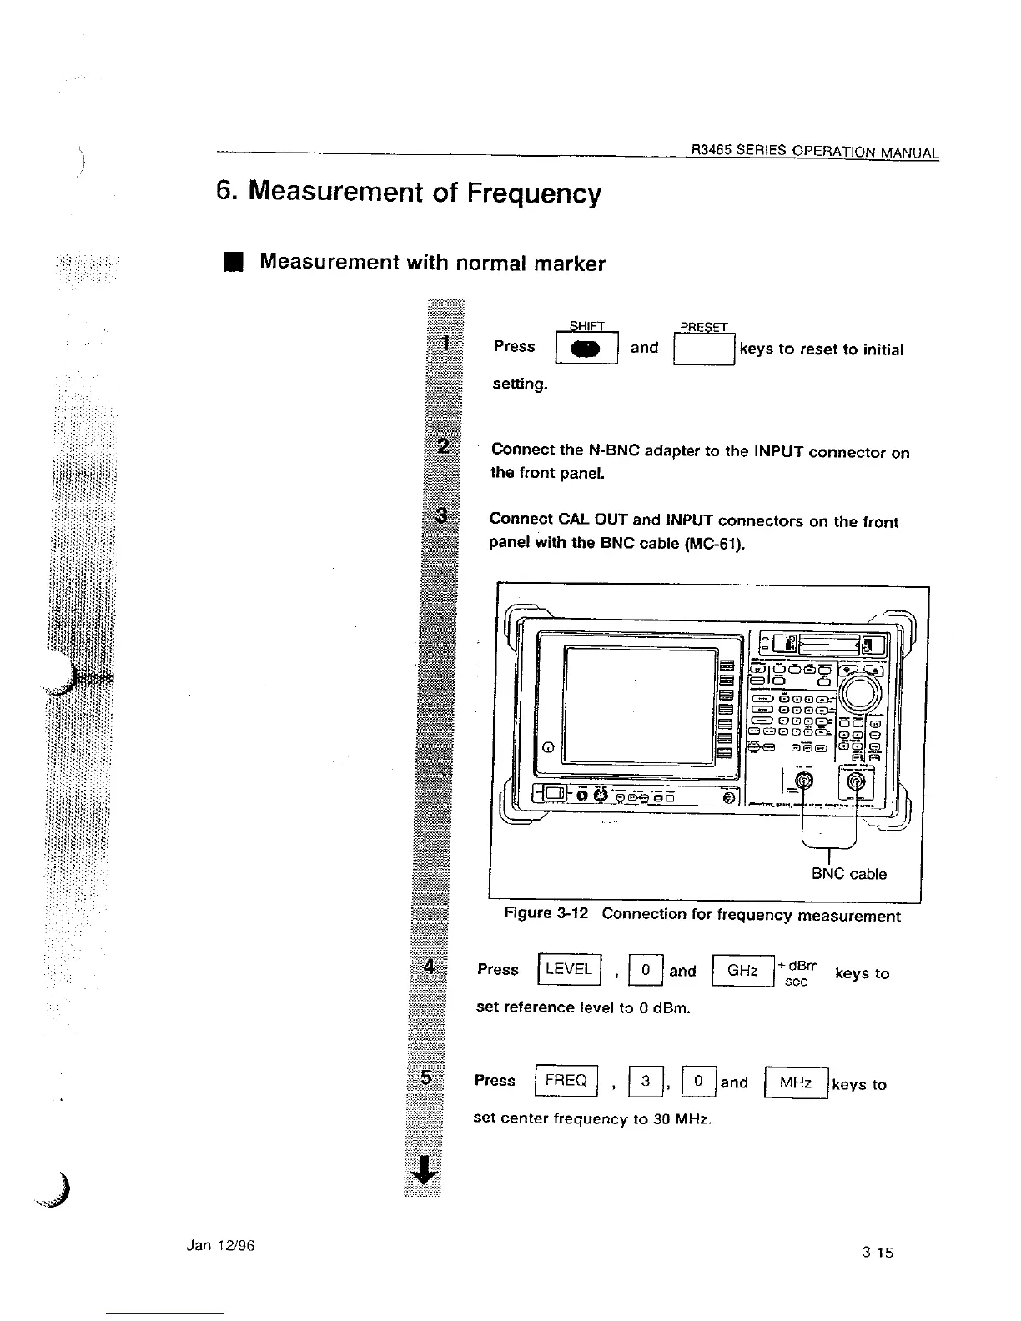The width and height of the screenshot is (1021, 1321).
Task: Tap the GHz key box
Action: point(742,971)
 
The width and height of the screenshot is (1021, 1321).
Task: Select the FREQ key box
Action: point(566,1081)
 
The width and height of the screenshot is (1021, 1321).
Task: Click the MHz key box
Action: point(795,1082)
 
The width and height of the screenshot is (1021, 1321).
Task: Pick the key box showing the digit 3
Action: point(645,1082)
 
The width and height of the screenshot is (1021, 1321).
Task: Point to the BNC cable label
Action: point(848,874)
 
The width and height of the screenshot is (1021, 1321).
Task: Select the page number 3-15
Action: point(878,1251)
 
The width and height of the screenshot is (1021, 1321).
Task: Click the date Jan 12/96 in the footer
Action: point(220,1245)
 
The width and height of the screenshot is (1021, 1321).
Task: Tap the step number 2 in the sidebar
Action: point(443,444)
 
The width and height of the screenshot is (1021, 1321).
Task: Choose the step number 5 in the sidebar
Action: point(426,1077)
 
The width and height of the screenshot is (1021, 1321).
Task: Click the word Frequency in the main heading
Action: point(533,193)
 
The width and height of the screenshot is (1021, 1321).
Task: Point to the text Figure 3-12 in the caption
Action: point(546,913)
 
